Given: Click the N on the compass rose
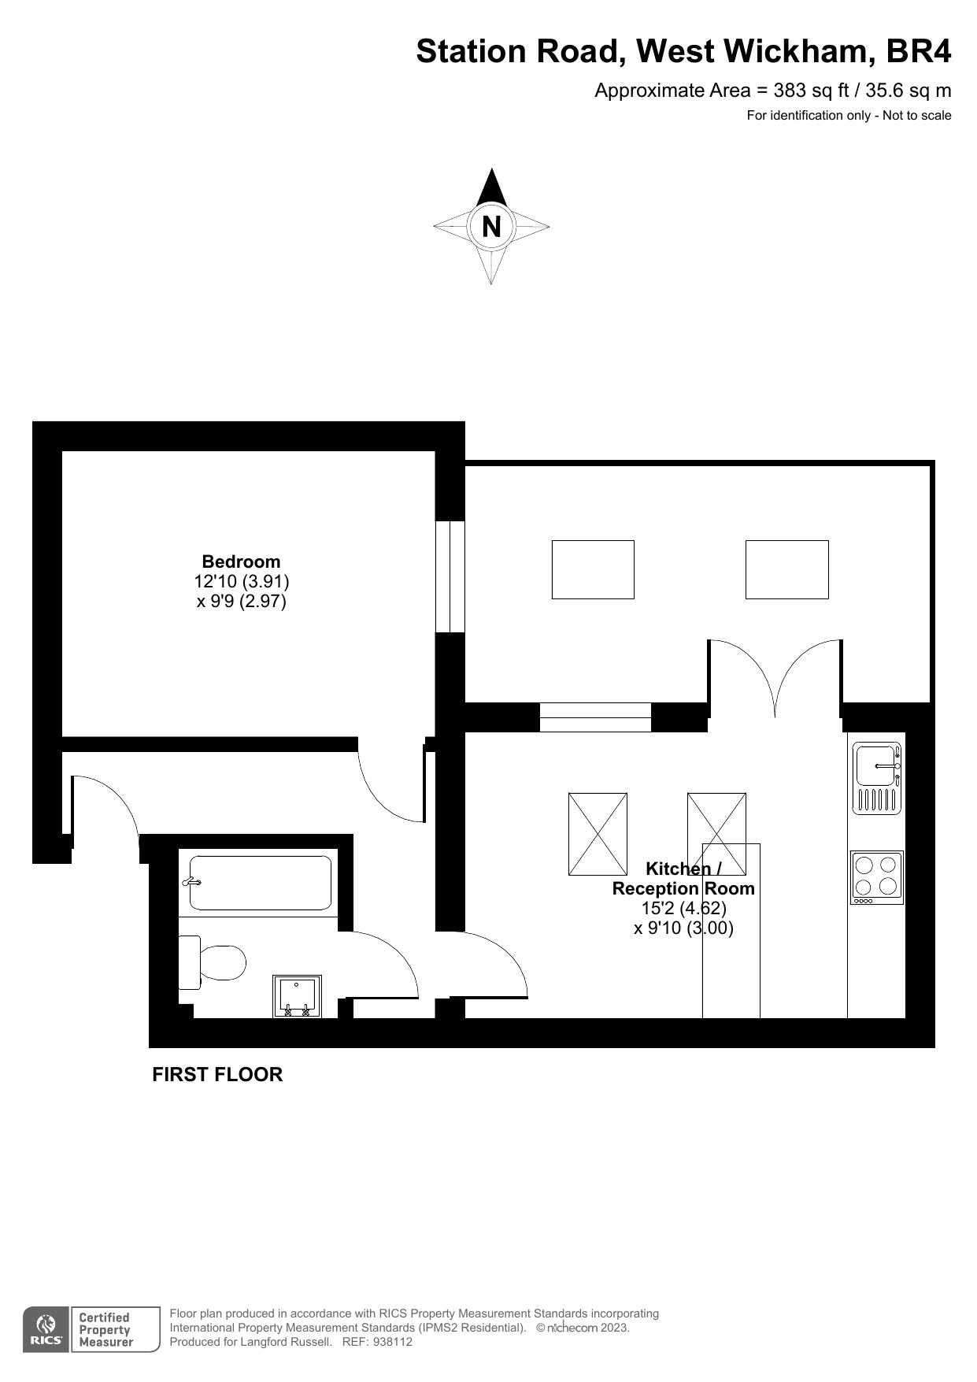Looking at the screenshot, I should (x=490, y=227).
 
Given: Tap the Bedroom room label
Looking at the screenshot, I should (x=241, y=561).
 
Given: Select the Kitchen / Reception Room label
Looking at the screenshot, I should (x=683, y=879).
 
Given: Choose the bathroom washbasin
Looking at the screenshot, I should (x=297, y=996).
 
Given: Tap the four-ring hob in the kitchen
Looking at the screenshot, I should (x=877, y=877).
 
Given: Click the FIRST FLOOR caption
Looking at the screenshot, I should (x=217, y=1074).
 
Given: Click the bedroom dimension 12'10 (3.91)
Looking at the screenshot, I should (x=242, y=582).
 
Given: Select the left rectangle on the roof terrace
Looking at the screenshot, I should (x=593, y=569).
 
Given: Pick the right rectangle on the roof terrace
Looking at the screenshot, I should (x=786, y=569).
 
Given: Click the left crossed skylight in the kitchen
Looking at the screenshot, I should (x=598, y=834).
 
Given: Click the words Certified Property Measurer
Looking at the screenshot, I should (x=104, y=1329).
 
